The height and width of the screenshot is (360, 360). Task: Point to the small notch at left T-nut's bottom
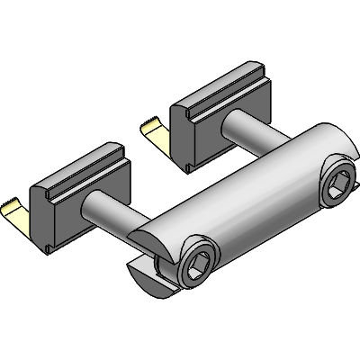click(45, 243)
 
